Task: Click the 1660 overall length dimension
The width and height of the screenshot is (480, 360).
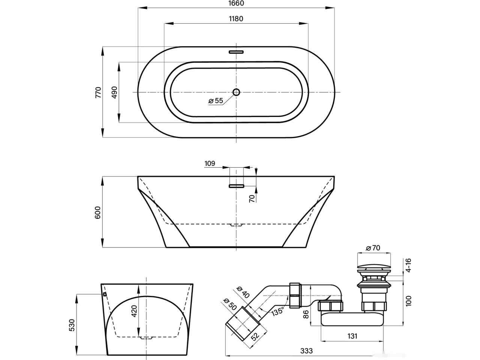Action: point(236,3)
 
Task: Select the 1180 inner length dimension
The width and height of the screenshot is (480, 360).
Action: point(236,19)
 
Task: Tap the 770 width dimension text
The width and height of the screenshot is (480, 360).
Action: point(98,92)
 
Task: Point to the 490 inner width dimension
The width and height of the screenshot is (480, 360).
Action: point(114,92)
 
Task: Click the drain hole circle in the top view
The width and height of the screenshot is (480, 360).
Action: point(236,92)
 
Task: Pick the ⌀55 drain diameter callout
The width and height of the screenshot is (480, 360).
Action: point(216,101)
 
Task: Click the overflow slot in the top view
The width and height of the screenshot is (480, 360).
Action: point(236,52)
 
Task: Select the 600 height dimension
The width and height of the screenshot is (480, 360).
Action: point(98,212)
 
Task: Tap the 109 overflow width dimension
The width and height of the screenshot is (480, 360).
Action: point(210,163)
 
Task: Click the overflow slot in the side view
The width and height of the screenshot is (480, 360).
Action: point(236,186)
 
